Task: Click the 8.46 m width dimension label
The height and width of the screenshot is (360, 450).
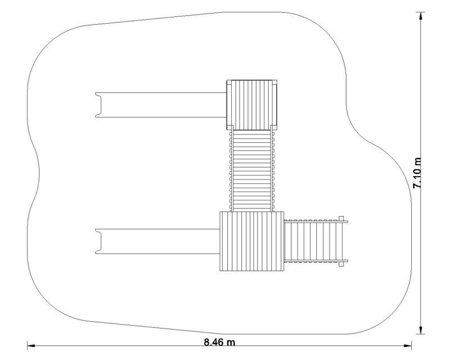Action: tap(219, 342)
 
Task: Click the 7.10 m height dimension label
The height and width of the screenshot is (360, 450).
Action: tap(417, 173)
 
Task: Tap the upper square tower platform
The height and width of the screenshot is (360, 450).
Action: tap(252, 105)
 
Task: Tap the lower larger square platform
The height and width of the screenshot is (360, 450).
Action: tap(251, 241)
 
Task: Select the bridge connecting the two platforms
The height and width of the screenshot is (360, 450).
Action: tap(252, 171)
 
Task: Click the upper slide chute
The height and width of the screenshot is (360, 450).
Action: tap(161, 105)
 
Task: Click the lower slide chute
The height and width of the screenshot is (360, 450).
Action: tap(157, 241)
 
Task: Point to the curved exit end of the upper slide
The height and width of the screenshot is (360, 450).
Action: tap(98, 105)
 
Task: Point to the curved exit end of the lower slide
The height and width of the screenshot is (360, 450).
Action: tap(98, 241)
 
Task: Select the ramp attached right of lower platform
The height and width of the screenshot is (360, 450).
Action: tap(316, 241)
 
